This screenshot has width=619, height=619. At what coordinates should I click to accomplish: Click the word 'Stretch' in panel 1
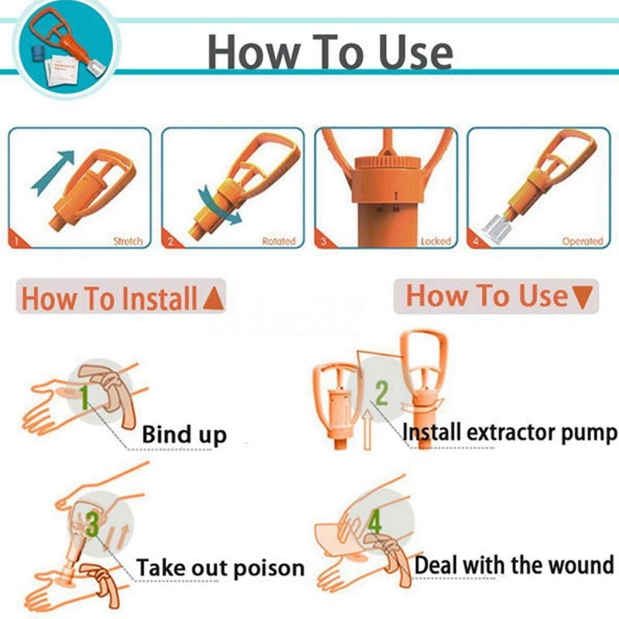click(x=128, y=241)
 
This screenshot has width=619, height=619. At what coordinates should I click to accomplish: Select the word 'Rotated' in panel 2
click(x=279, y=241)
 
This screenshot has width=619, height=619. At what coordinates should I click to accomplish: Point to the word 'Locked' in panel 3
click(x=435, y=241)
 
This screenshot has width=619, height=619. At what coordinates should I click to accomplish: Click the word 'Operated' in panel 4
click(x=582, y=241)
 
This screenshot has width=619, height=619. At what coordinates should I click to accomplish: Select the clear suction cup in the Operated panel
click(x=496, y=225)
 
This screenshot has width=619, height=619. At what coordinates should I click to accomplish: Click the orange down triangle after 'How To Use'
click(x=584, y=297)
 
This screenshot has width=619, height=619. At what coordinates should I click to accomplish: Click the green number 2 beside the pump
click(x=381, y=392)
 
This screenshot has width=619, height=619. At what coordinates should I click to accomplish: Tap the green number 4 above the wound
click(x=374, y=522)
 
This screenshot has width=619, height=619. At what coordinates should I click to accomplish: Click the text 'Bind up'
click(x=184, y=435)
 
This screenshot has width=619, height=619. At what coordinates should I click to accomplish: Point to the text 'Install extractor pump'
click(x=510, y=433)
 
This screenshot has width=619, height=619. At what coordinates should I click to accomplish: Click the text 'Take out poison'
click(x=221, y=569)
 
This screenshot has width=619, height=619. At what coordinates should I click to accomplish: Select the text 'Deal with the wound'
click(x=514, y=565)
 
